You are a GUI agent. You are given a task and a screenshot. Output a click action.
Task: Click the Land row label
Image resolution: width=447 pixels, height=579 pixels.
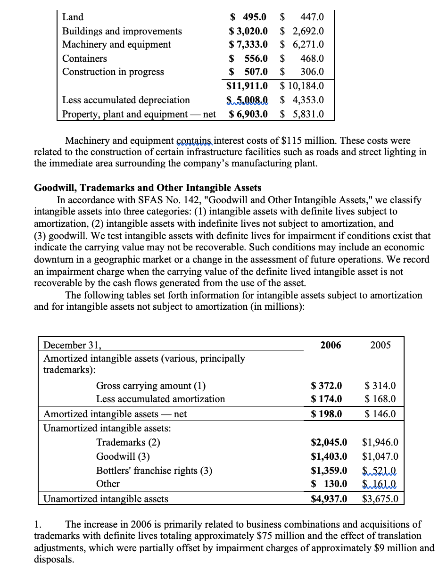[73, 17]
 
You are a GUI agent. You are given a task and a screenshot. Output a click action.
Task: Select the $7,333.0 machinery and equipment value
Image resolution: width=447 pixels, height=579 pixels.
[248, 44]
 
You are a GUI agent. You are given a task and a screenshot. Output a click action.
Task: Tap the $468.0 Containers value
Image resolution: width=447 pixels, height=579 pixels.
[302, 58]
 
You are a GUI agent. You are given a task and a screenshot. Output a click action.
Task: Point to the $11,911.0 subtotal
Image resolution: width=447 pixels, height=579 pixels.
[247, 86]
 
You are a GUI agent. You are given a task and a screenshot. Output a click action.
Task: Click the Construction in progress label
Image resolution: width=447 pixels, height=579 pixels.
[113, 72]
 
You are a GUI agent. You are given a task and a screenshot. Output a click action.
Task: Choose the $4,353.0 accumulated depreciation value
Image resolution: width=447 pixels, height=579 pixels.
[302, 100]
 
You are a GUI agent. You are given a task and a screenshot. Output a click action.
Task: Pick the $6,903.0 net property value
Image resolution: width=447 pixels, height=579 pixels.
[248, 114]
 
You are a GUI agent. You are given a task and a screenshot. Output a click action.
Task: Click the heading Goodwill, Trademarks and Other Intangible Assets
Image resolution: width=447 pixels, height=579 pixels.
[148, 188]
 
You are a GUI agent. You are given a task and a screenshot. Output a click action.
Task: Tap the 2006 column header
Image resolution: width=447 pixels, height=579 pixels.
[331, 345]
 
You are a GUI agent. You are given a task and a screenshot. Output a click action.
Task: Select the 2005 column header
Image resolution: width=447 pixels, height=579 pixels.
[381, 345]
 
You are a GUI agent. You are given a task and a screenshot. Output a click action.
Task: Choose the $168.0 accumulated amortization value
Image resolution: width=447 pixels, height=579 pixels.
[381, 399]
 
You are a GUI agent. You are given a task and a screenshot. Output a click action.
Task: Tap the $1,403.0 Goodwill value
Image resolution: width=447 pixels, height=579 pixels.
[329, 456]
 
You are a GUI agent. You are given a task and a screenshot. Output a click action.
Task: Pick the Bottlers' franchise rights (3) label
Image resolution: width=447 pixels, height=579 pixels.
[154, 470]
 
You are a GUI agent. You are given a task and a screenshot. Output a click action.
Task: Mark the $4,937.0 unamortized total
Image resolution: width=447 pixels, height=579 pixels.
[329, 498]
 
